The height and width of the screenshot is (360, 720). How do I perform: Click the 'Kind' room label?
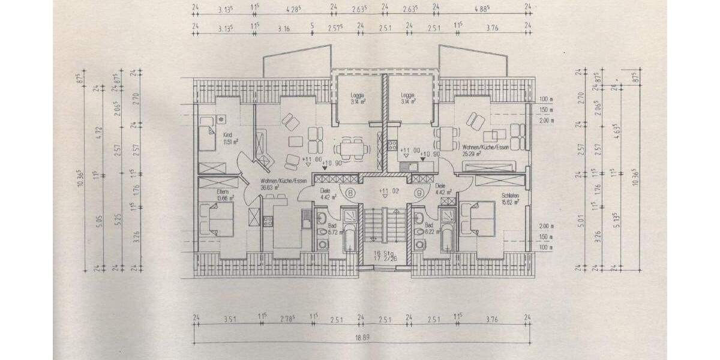point(228,135)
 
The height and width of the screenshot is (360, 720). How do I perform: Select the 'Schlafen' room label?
point(511,196)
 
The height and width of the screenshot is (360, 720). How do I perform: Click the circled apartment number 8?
point(349,192)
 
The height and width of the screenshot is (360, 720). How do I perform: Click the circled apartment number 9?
point(419,192)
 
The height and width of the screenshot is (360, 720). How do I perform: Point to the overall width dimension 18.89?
point(361,338)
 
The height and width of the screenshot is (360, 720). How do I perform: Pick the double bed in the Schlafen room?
point(478,220)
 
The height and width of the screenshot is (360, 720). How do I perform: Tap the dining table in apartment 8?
point(349,146)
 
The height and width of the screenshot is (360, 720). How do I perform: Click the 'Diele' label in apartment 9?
point(440,186)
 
